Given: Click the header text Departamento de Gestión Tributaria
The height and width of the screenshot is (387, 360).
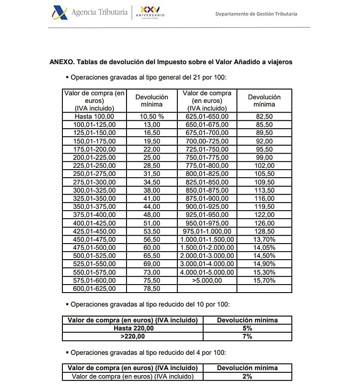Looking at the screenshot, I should (256, 14).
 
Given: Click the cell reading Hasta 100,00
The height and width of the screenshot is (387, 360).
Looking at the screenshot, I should (94, 117).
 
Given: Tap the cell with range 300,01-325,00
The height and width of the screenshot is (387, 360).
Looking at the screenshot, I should (94, 190).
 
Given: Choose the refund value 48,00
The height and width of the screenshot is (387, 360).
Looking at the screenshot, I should (152, 215).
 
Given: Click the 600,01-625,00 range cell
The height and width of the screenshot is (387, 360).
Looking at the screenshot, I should (94, 289).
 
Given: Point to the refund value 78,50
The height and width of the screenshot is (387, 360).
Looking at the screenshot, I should (152, 289).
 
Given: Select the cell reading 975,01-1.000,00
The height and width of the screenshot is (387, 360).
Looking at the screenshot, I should (207, 231).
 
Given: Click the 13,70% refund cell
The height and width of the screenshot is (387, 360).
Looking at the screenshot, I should (264, 240).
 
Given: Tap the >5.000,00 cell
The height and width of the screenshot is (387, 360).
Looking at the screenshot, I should (207, 281).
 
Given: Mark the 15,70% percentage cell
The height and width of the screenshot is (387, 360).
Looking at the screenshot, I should (264, 281).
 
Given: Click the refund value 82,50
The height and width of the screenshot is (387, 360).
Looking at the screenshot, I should (264, 117).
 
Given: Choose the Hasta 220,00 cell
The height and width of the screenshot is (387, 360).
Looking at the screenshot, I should (133, 328).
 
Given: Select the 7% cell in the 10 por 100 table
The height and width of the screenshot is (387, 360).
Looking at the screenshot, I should (247, 337).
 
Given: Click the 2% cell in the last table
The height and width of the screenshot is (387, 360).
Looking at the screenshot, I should (247, 377).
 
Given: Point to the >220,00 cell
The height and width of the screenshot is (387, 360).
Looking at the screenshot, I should (133, 337).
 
